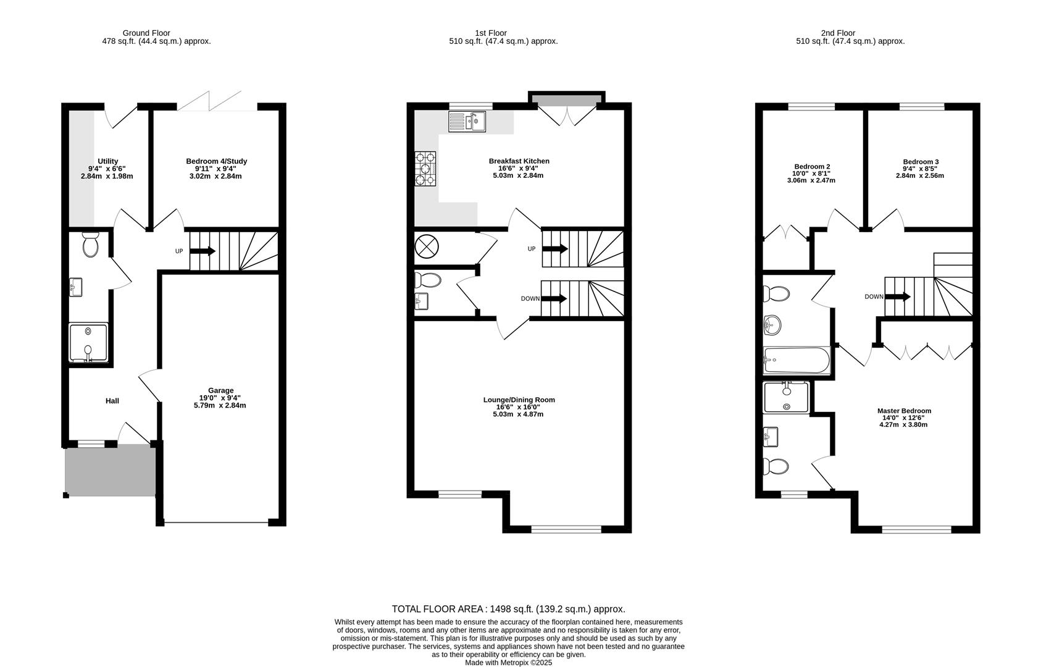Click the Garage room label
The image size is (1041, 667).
pyautogui.click(x=220, y=390)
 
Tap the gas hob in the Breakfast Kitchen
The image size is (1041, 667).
pyautogui.click(x=425, y=169)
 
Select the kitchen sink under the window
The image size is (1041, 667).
pyautogui.click(x=467, y=122)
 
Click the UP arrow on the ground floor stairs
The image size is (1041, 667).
pyautogui.click(x=203, y=251)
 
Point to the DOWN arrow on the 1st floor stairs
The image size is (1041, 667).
pyautogui.click(x=554, y=299)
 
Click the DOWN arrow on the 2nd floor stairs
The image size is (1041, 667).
pyautogui.click(x=898, y=296)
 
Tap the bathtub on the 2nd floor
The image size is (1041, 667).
pyautogui.click(x=796, y=361)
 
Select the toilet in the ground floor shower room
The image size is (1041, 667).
pyautogui.click(x=90, y=245)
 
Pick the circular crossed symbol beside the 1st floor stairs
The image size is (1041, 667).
pyautogui.click(x=426, y=246)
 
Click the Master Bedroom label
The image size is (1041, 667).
pyautogui.click(x=904, y=411)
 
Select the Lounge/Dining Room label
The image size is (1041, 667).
pyautogui.click(x=519, y=400)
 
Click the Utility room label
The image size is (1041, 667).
pyautogui.click(x=107, y=161)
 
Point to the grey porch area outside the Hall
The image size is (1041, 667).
pyautogui.click(x=110, y=472)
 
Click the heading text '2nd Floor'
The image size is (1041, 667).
pyautogui.click(x=838, y=33)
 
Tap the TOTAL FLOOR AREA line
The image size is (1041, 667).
pyautogui.click(x=508, y=609)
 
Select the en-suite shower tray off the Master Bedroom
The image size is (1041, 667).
pyautogui.click(x=786, y=397)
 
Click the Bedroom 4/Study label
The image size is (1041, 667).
pyautogui.click(x=216, y=161)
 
